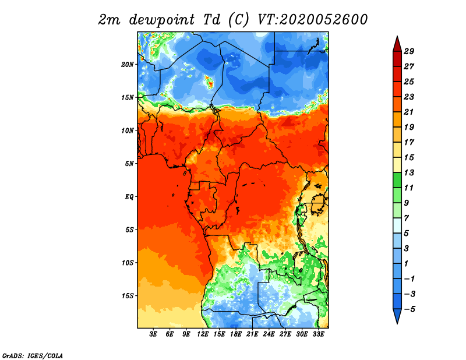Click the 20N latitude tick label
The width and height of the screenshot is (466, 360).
coord(128,65)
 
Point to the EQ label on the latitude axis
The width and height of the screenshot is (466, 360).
coord(129,197)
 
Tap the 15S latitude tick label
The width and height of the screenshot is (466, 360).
coord(128,296)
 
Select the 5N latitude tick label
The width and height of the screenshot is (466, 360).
coord(129,164)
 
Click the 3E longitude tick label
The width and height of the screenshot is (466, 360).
coord(153,334)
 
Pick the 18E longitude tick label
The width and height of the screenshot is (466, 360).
coord(236,334)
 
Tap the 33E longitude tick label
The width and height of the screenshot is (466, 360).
coord(318,334)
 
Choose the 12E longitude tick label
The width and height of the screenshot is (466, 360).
coord(203,334)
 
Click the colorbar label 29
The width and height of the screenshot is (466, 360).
coord(409,51)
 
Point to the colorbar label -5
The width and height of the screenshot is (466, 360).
coord(409,309)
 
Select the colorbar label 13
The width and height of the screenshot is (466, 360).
coord(409,172)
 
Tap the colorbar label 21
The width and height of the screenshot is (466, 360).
coord(409,112)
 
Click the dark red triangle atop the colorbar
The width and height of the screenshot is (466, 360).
coord(397,45)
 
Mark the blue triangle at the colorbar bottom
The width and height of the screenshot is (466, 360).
coord(397,315)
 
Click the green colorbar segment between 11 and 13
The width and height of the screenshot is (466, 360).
coord(397,180)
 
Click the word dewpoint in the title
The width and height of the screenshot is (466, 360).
coord(162,20)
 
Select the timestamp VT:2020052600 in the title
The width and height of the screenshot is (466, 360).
coord(312,20)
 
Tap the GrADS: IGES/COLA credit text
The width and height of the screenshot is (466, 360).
coord(33,355)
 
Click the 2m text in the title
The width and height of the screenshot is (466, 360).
coord(110,20)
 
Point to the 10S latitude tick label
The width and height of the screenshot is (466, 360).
coord(128,263)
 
